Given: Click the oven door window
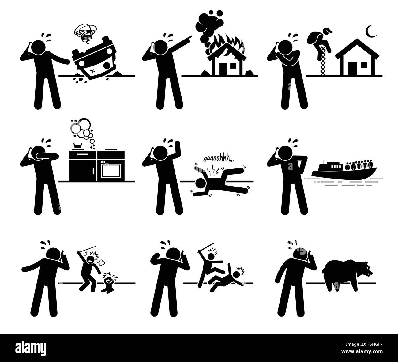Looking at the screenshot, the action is pos(111,171).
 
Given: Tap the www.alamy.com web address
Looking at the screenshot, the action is pos(362,352).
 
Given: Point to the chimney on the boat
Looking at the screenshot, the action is pos(324,161).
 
